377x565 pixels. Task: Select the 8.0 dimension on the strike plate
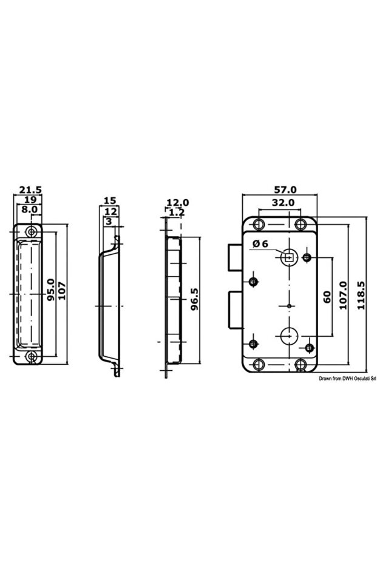pyautogui.click(x=30, y=209)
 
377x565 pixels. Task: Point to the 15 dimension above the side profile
pyautogui.click(x=109, y=200)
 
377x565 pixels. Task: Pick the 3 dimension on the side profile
pyautogui.click(x=108, y=222)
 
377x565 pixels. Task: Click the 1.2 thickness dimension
pyautogui.click(x=177, y=212)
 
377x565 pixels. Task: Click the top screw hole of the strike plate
pyautogui.click(x=32, y=231)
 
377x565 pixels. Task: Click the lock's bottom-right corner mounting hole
pyautogui.click(x=301, y=364)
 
